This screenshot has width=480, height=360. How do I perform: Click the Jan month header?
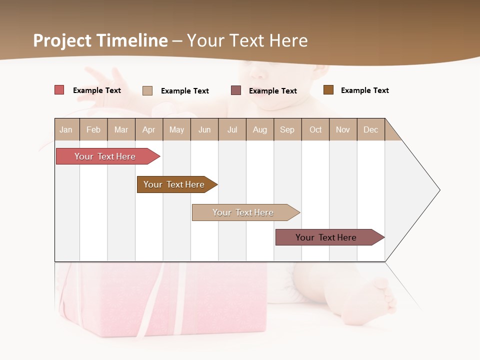click(66, 129)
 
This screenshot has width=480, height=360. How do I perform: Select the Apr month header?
click(148, 129)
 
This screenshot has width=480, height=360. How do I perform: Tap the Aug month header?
click(259, 129)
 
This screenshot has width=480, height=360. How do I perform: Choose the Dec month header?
click(370, 129)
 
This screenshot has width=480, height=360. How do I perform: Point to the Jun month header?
click(204, 129)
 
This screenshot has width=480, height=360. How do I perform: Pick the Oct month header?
click(315, 129)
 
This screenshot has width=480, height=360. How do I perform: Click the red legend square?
click(59, 90)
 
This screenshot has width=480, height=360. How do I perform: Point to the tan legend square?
click(147, 90)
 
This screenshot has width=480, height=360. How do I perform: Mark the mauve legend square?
click(236, 90)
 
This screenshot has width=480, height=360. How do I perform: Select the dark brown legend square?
click(328, 90)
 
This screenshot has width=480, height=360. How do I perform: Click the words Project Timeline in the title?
click(100, 40)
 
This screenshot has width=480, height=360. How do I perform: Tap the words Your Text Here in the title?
click(247, 40)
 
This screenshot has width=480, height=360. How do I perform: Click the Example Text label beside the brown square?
click(364, 90)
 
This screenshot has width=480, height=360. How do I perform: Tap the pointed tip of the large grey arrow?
click(438, 190)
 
